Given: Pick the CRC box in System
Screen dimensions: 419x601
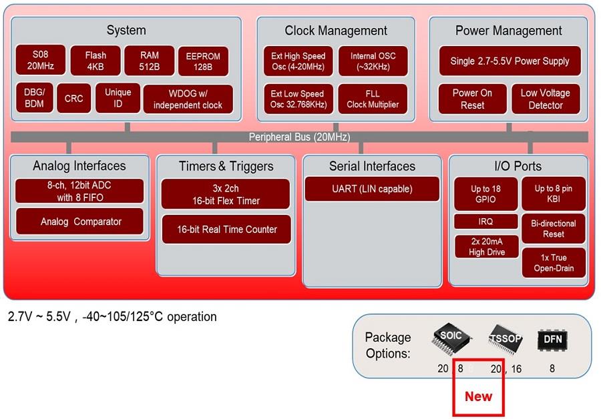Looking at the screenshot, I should pyautogui.click(x=73, y=99).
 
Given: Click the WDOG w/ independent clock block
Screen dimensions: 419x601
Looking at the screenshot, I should pyautogui.click(x=188, y=99).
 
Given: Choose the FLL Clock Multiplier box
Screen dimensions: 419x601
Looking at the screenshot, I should pyautogui.click(x=373, y=99).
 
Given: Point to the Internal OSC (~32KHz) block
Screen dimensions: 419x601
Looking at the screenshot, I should pyautogui.click(x=373, y=61).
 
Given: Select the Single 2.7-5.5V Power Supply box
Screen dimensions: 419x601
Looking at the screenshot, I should pyautogui.click(x=510, y=61).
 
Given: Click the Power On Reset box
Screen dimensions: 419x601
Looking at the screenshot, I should pyautogui.click(x=472, y=99).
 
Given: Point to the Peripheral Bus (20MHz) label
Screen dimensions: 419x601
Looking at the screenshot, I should pyautogui.click(x=299, y=137).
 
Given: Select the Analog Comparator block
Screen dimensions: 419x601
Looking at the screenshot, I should pyautogui.click(x=80, y=222).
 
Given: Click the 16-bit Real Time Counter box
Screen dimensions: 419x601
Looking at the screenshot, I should pyautogui.click(x=226, y=229).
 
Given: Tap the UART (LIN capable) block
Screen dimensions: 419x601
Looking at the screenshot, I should pyautogui.click(x=372, y=189).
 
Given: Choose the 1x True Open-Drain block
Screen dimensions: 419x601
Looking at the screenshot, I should pyautogui.click(x=554, y=263).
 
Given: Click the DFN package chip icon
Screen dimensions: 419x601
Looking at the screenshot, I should pyautogui.click(x=553, y=340).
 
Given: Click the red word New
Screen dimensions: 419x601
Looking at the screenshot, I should pyautogui.click(x=478, y=396).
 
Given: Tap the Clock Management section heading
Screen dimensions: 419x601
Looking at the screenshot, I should pyautogui.click(x=336, y=31).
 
